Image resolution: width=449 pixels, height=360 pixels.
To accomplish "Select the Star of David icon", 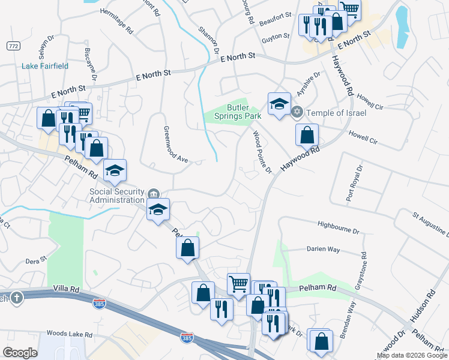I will (297, 112).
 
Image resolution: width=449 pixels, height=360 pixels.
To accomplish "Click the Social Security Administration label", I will (118, 196).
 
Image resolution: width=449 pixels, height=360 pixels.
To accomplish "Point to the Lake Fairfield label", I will (45, 66).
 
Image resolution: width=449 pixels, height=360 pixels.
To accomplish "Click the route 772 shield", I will (13, 46).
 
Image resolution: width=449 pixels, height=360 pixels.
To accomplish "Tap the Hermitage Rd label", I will (116, 13).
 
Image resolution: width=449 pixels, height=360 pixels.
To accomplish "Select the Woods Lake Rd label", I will (69, 334).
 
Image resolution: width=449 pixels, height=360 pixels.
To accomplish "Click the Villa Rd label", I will (66, 289).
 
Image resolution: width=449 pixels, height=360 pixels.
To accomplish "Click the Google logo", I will (20, 353).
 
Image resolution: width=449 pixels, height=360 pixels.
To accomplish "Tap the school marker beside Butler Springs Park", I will (279, 104).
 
